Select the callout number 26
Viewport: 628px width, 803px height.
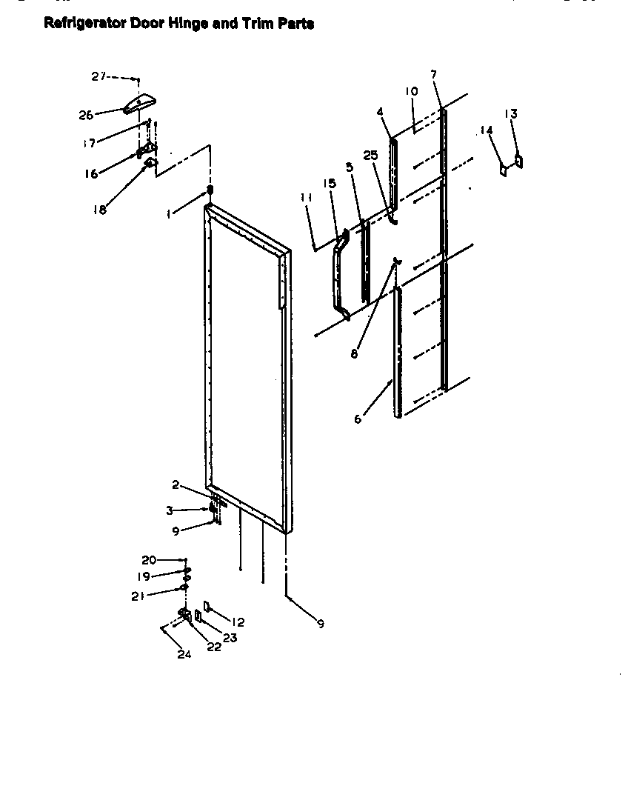tap(86, 115)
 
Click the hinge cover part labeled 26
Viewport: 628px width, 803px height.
tap(141, 104)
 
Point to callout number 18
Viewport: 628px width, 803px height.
tap(99, 209)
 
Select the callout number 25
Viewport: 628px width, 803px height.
tap(370, 155)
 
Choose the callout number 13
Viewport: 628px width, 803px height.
tap(510, 113)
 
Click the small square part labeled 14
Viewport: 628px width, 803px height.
tap(503, 170)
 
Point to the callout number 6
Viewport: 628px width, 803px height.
tap(358, 419)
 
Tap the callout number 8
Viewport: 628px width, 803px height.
tap(355, 354)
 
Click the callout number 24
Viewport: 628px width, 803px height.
tap(184, 654)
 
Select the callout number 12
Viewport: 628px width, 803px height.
tap(238, 622)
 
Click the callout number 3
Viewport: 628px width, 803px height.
tap(170, 510)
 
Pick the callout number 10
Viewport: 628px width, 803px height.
tap(412, 91)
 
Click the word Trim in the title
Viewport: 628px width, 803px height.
tap(256, 24)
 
